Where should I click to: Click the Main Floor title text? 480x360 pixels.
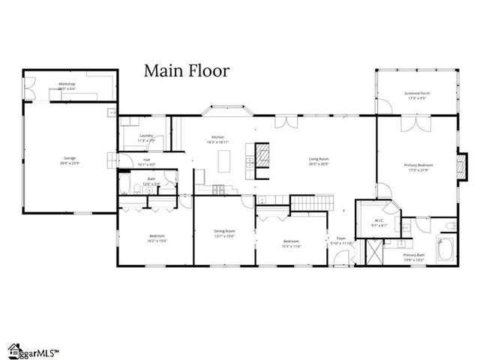187,71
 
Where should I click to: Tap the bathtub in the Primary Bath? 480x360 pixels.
444,248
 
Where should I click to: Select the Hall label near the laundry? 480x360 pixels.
145,160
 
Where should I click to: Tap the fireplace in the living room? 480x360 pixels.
262,156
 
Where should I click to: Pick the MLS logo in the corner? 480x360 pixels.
33,350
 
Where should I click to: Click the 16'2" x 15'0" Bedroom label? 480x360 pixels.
156,238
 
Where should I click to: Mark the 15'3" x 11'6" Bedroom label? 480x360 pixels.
291,243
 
